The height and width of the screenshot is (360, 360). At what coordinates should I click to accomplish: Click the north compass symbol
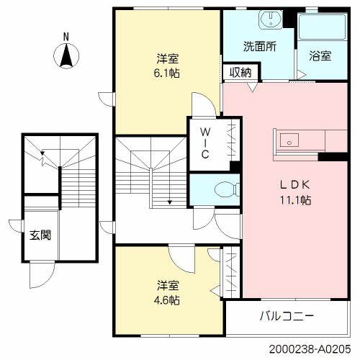(x=66, y=55)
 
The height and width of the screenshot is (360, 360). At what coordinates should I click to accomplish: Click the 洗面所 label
(x=258, y=48)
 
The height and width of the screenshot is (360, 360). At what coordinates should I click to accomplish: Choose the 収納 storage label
(x=240, y=71)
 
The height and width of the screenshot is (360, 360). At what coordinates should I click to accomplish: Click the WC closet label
(x=204, y=143)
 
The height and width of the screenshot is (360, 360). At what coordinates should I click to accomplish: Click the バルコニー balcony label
(x=287, y=315)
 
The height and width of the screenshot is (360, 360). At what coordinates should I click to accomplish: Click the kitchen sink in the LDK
(x=289, y=140)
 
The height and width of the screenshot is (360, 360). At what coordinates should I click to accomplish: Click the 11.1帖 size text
(x=295, y=201)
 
